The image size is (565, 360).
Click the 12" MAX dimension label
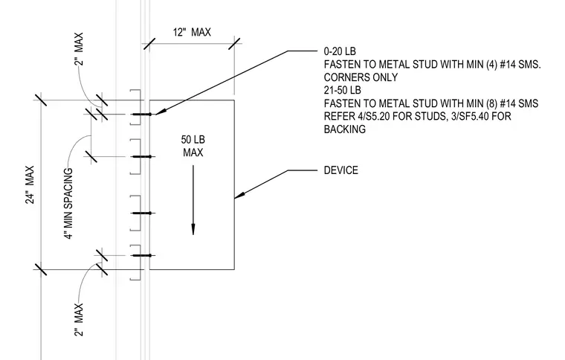192,33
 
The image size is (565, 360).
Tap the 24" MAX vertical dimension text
30,184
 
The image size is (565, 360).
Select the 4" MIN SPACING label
69,204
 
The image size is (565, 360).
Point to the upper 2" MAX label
79,49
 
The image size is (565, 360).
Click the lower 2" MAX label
79,320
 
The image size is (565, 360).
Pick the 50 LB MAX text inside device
193,146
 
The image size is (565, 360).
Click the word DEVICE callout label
341,170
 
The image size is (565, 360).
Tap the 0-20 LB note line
340,51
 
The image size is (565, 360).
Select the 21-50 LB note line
342,90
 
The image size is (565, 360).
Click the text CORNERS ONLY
361,77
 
